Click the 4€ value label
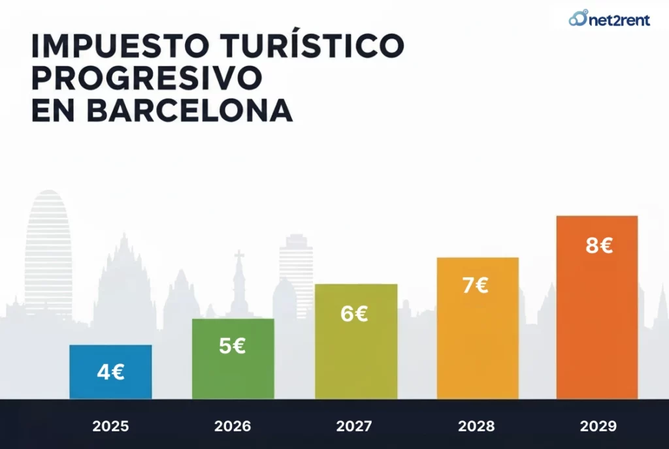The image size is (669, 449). pyautogui.click(x=110, y=372)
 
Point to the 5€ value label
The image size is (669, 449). pyautogui.click(x=233, y=346)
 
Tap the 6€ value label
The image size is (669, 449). pyautogui.click(x=354, y=314)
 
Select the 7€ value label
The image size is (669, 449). pyautogui.click(x=476, y=286)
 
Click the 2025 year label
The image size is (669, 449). pyautogui.click(x=110, y=427)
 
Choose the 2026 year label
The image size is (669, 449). pyautogui.click(x=233, y=427)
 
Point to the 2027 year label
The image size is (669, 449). pyautogui.click(x=354, y=427)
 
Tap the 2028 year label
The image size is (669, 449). pyautogui.click(x=476, y=427)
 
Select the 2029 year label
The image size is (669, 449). pyautogui.click(x=598, y=427)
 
